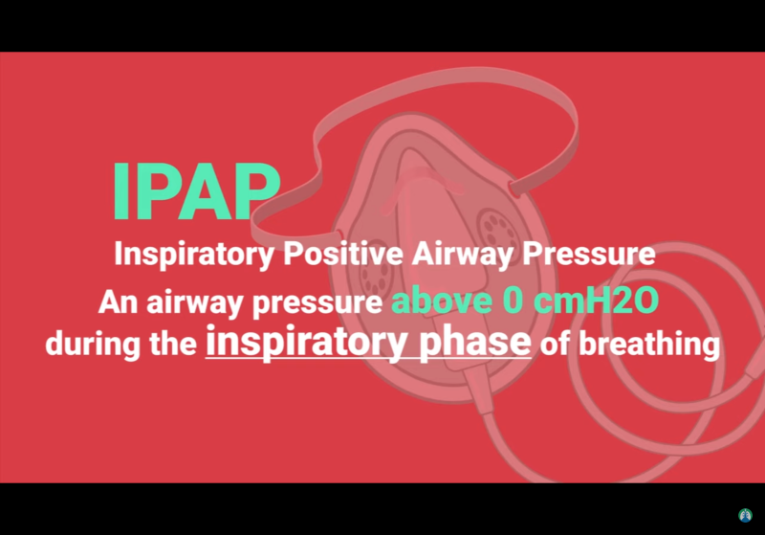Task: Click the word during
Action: coord(89,344)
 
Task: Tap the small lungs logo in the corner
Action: coord(746,516)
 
